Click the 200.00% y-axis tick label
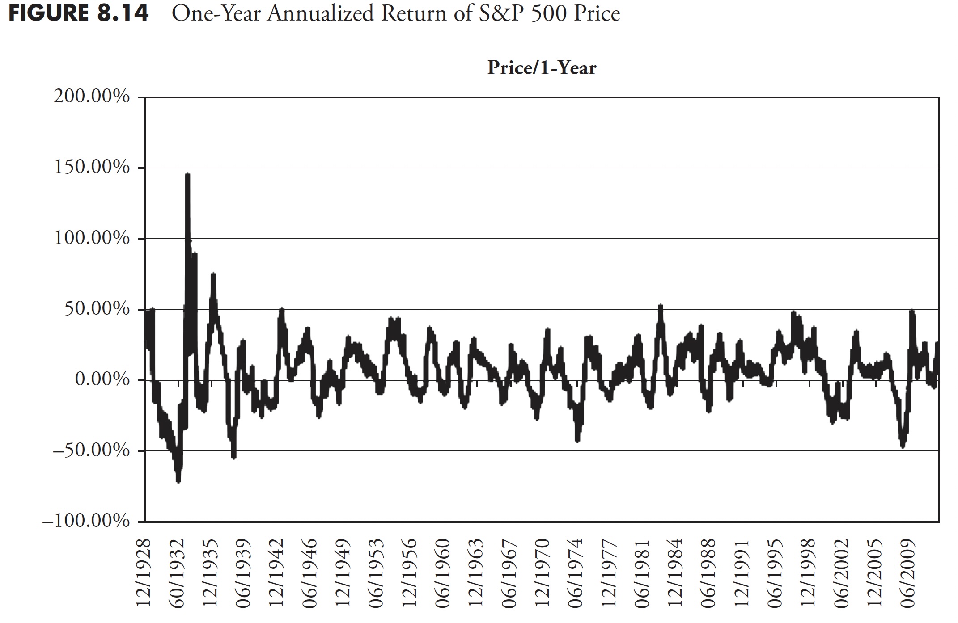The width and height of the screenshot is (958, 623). coord(92,97)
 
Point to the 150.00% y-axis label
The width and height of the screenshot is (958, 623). coord(92,168)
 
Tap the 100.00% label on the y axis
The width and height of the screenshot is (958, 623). coord(92,238)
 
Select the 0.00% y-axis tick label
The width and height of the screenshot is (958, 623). coord(102,379)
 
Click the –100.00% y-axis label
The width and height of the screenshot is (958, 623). coord(86,521)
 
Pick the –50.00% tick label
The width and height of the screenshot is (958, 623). coord(91,450)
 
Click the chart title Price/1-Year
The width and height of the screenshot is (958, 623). coord(542,68)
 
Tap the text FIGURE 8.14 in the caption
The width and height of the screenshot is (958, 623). coord(79,13)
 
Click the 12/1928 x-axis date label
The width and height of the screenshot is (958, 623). coord(144,573)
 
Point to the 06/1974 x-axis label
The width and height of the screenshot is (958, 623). coord(576,573)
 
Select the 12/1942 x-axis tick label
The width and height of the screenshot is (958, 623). coord(277,573)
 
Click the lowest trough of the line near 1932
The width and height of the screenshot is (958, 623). coord(178,481)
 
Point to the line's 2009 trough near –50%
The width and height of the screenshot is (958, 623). coord(903,446)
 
